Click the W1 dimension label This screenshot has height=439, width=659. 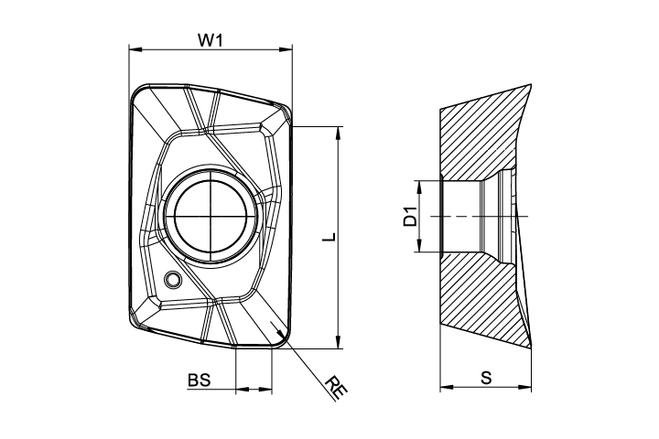point(211,40)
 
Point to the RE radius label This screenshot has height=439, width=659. point(336,387)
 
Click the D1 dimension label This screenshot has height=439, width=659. point(410,217)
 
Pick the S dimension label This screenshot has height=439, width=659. point(486,378)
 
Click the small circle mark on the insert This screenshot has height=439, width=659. point(172,279)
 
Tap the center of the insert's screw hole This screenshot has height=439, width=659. point(211,217)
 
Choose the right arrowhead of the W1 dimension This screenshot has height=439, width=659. point(286,49)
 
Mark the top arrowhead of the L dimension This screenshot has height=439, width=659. point(338,133)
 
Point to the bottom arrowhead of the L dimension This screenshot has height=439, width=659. point(338,342)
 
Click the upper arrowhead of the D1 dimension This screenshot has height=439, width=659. point(418,187)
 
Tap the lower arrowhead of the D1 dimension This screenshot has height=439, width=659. point(418,246)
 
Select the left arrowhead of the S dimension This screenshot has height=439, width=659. point(447,387)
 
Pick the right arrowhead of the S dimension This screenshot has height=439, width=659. point(525,387)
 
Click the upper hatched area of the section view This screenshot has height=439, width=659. point(479,139)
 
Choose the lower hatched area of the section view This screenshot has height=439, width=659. point(479,294)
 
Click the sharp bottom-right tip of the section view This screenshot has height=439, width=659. point(531,348)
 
